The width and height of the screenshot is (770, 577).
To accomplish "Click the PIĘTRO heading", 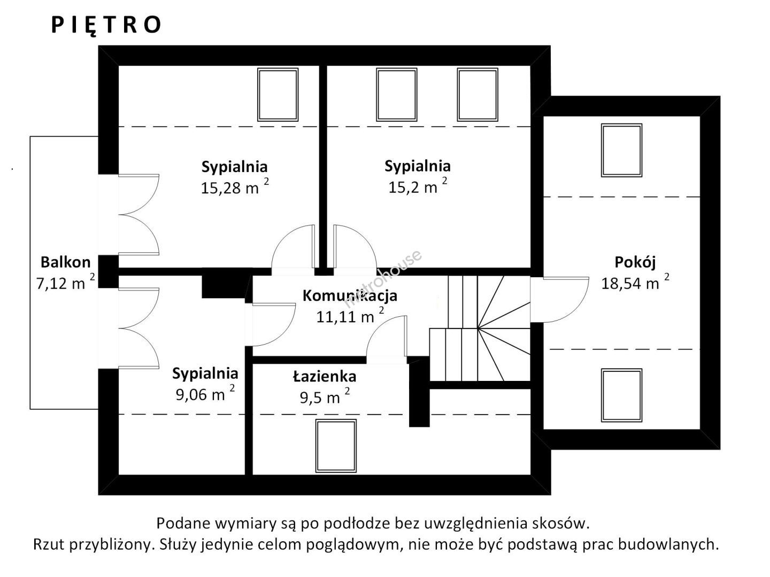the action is (106, 25).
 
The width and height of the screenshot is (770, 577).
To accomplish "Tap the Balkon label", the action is (66, 262).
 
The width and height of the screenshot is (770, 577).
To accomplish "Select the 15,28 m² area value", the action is (235, 187).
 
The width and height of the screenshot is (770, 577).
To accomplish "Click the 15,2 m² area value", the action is (418, 186).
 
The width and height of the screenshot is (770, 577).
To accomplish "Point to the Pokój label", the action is (635, 262).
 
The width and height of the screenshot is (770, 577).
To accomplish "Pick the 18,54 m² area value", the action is (635, 282).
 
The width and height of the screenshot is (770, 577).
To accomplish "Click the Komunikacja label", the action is (350, 295).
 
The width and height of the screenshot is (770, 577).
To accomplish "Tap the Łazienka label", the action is (325, 377).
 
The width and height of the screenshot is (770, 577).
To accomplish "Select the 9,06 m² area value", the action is (205, 394).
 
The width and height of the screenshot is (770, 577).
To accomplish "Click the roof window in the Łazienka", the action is (336, 446).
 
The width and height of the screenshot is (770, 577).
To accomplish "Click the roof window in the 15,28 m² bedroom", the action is (278, 95).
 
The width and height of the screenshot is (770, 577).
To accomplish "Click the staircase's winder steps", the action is (503, 328).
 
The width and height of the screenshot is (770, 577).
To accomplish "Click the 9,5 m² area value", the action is (325, 396).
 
